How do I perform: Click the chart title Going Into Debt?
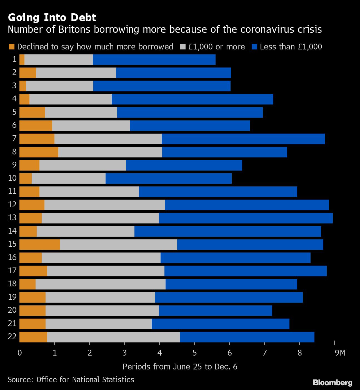click(52, 17)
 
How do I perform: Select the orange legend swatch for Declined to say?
click(11, 47)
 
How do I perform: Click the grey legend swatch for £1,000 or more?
click(182, 47)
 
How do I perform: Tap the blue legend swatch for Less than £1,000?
click(254, 47)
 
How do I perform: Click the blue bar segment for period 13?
click(246, 218)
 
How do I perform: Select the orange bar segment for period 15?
click(40, 244)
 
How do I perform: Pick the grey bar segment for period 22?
click(113, 337)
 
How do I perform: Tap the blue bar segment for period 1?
click(154, 60)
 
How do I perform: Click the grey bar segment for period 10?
click(68, 178)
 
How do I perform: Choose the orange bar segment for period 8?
click(39, 152)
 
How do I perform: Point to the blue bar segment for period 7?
click(243, 139)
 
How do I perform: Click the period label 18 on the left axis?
click(12, 284)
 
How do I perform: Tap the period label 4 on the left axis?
click(14, 99)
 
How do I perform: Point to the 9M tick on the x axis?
click(340, 353)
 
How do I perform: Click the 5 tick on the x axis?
click(195, 353)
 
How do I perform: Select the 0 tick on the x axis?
click(20, 353)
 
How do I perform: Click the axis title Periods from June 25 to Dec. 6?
click(180, 367)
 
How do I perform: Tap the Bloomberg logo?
click(332, 382)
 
